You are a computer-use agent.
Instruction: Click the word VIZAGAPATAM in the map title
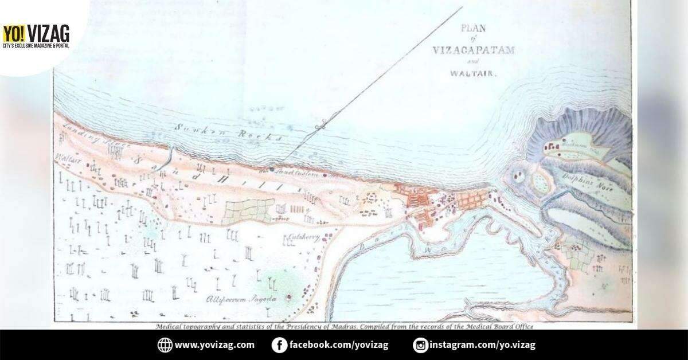click(x=474, y=49)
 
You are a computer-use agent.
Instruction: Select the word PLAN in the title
click(x=474, y=26)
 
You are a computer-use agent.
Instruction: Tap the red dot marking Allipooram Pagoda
click(x=288, y=296)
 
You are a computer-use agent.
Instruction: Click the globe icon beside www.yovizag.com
click(x=165, y=345)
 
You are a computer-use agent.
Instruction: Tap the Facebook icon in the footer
click(x=279, y=345)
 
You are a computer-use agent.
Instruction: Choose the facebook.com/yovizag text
click(x=339, y=345)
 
